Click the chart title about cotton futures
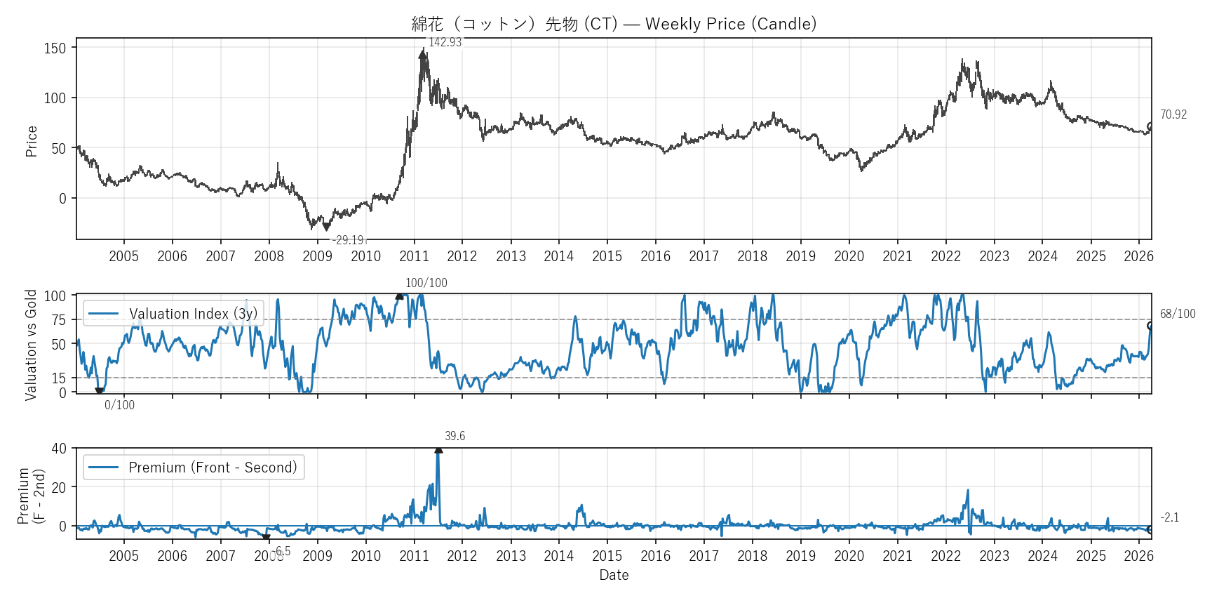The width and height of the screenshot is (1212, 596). point(614,24)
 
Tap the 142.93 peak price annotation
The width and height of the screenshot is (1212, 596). point(445,42)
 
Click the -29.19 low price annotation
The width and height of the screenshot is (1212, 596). point(348,240)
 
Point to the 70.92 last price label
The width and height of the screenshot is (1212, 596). point(1173,114)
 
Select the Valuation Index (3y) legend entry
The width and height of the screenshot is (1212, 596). point(173,314)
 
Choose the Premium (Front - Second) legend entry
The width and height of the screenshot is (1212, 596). point(194,468)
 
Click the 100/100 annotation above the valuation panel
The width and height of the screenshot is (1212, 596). point(426,283)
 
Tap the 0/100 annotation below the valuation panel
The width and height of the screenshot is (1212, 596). point(119,405)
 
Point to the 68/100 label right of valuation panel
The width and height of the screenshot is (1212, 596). point(1177,314)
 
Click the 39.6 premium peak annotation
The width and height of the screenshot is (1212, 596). point(454,436)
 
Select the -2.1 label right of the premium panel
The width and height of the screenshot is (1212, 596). point(1169,517)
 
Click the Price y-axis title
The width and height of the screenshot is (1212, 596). point(32,141)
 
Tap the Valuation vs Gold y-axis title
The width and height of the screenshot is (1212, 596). point(31,345)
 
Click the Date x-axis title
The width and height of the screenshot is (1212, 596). point(614,575)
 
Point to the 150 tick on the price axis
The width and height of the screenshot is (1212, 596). point(55,48)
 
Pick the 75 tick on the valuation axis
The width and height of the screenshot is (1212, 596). point(59,320)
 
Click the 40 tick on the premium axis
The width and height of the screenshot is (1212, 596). point(59,448)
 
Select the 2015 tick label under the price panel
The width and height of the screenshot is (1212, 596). point(607,256)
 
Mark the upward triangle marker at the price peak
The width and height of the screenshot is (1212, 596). point(422,53)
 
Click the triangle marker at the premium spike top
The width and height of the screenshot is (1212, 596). point(438,449)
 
